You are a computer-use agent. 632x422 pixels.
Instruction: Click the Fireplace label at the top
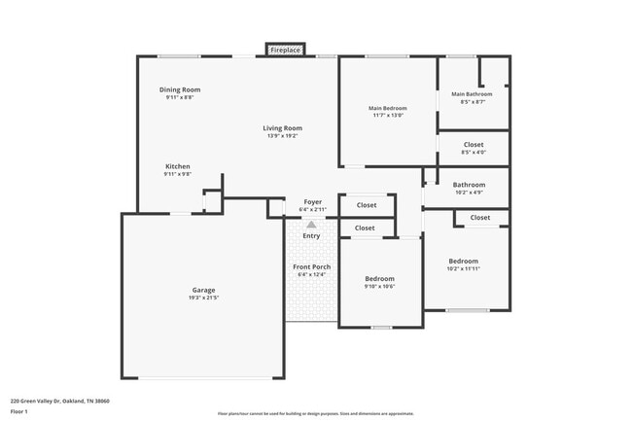tap(285, 49)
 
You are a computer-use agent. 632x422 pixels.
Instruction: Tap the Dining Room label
tap(180, 89)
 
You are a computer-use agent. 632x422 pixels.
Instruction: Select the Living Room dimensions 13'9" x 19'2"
tap(282, 136)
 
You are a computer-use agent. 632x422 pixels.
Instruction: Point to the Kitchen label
tap(177, 166)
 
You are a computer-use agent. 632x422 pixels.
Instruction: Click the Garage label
tap(203, 290)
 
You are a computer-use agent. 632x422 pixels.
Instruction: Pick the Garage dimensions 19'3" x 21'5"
tap(203, 298)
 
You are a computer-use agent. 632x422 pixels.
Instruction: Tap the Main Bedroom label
tap(387, 107)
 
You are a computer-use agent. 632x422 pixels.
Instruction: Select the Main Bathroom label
tap(472, 94)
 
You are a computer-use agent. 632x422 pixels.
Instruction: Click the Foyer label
tap(312, 201)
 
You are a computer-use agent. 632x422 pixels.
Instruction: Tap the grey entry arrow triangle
tap(311, 225)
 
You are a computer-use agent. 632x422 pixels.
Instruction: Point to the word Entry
tap(311, 235)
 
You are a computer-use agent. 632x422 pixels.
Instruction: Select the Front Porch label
tap(311, 266)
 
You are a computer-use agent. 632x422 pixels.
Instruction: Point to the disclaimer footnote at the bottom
tap(315, 414)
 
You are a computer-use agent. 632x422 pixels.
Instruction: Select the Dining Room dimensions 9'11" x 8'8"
tap(180, 97)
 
